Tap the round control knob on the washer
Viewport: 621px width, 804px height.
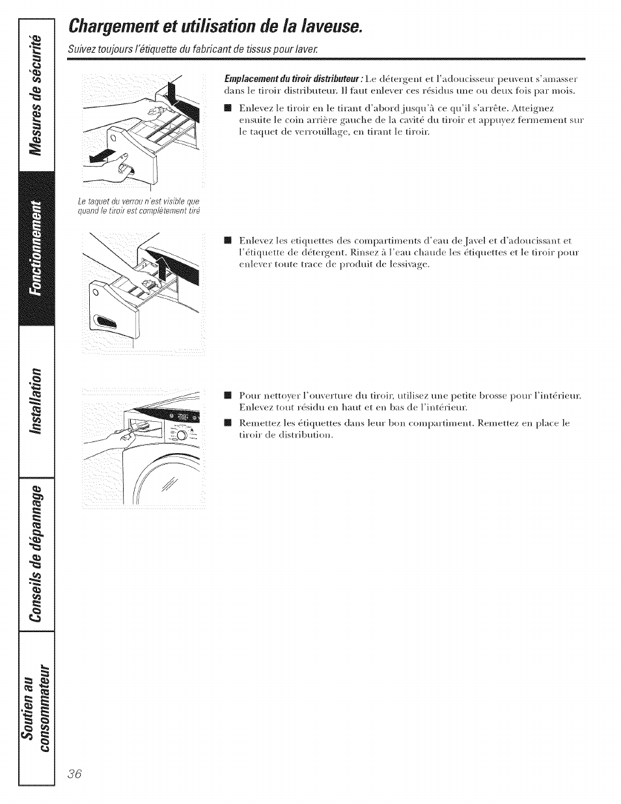(x=182, y=436)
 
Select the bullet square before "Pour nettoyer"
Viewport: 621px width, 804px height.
(x=227, y=395)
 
